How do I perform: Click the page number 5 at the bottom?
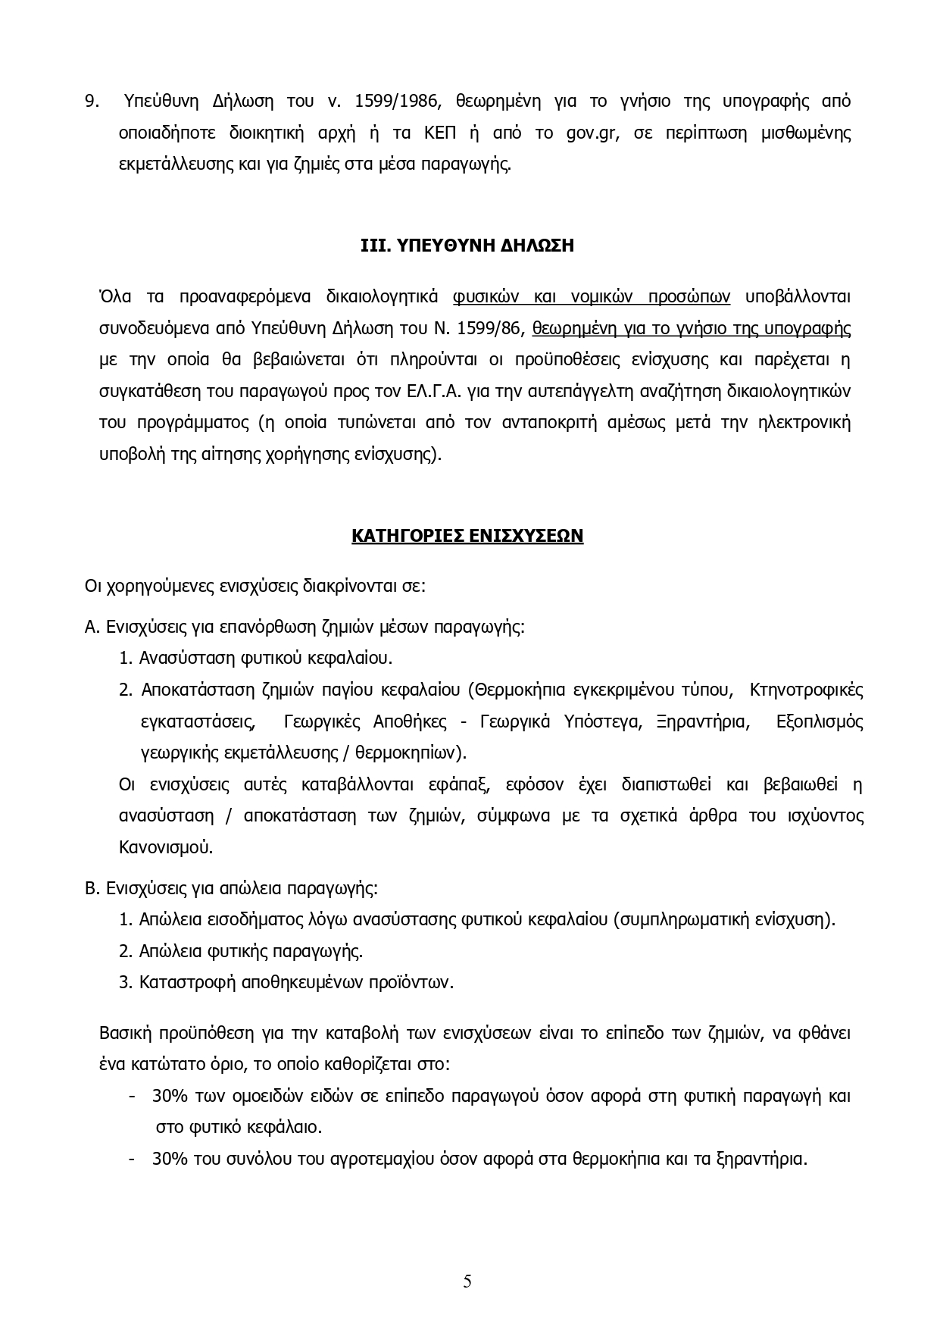[467, 1281]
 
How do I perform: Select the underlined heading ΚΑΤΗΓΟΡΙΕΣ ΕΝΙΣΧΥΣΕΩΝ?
[467, 536]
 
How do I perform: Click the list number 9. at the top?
[92, 101]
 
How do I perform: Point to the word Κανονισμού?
[166, 847]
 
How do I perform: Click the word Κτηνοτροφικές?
[806, 690]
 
